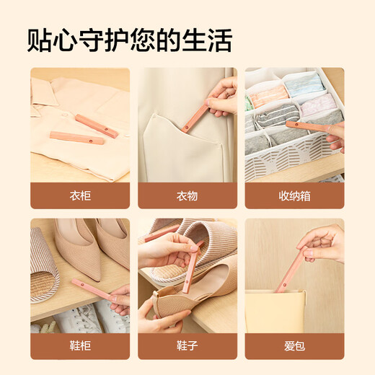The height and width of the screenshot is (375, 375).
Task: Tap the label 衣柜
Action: point(80,195)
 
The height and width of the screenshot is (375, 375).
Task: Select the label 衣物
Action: point(187,195)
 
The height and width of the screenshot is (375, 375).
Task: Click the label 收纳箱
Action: point(294,195)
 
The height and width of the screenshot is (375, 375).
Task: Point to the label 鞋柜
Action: point(80,346)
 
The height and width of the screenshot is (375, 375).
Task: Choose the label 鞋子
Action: point(187,346)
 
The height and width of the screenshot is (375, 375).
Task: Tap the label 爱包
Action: point(294,346)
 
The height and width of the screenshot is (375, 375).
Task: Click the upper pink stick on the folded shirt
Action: point(97,126)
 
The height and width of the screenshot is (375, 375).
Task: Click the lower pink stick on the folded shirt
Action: point(76,137)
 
